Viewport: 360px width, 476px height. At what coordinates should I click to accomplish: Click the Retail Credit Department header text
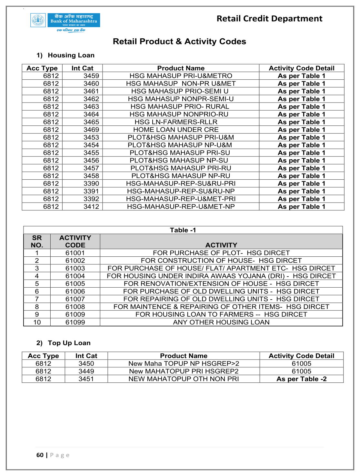[x=269, y=19]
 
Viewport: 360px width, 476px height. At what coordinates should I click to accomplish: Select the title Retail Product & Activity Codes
[x=179, y=42]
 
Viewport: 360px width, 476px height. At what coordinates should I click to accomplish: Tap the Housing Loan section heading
[x=71, y=55]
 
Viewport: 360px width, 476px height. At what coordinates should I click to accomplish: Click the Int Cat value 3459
[x=91, y=76]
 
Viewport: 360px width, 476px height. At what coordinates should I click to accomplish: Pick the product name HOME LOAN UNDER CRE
[x=176, y=130]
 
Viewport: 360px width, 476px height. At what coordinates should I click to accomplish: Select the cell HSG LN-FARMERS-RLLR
[x=176, y=122]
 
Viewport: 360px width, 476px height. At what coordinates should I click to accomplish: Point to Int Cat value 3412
[x=91, y=207]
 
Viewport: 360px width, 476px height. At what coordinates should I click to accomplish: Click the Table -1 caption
[x=183, y=230]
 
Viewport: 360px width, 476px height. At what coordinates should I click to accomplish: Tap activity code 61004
[x=75, y=276]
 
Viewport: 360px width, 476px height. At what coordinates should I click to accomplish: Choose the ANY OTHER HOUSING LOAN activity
[x=221, y=322]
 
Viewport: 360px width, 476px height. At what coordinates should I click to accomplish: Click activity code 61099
[x=75, y=322]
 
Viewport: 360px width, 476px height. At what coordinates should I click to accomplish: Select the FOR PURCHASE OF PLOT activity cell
[x=221, y=253]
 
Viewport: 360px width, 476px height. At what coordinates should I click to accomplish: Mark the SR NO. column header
[x=37, y=241]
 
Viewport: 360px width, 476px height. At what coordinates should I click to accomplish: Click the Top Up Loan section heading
[x=69, y=343]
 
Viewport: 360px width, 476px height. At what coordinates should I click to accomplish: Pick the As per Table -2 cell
[x=301, y=379]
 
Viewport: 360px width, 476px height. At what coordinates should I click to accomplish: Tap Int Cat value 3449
[x=86, y=371]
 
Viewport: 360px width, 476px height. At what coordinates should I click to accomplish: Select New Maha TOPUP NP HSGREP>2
[x=184, y=363]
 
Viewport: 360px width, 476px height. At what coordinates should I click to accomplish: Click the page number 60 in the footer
[x=40, y=455]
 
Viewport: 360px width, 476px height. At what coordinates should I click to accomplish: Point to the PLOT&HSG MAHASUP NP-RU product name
[x=181, y=176]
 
